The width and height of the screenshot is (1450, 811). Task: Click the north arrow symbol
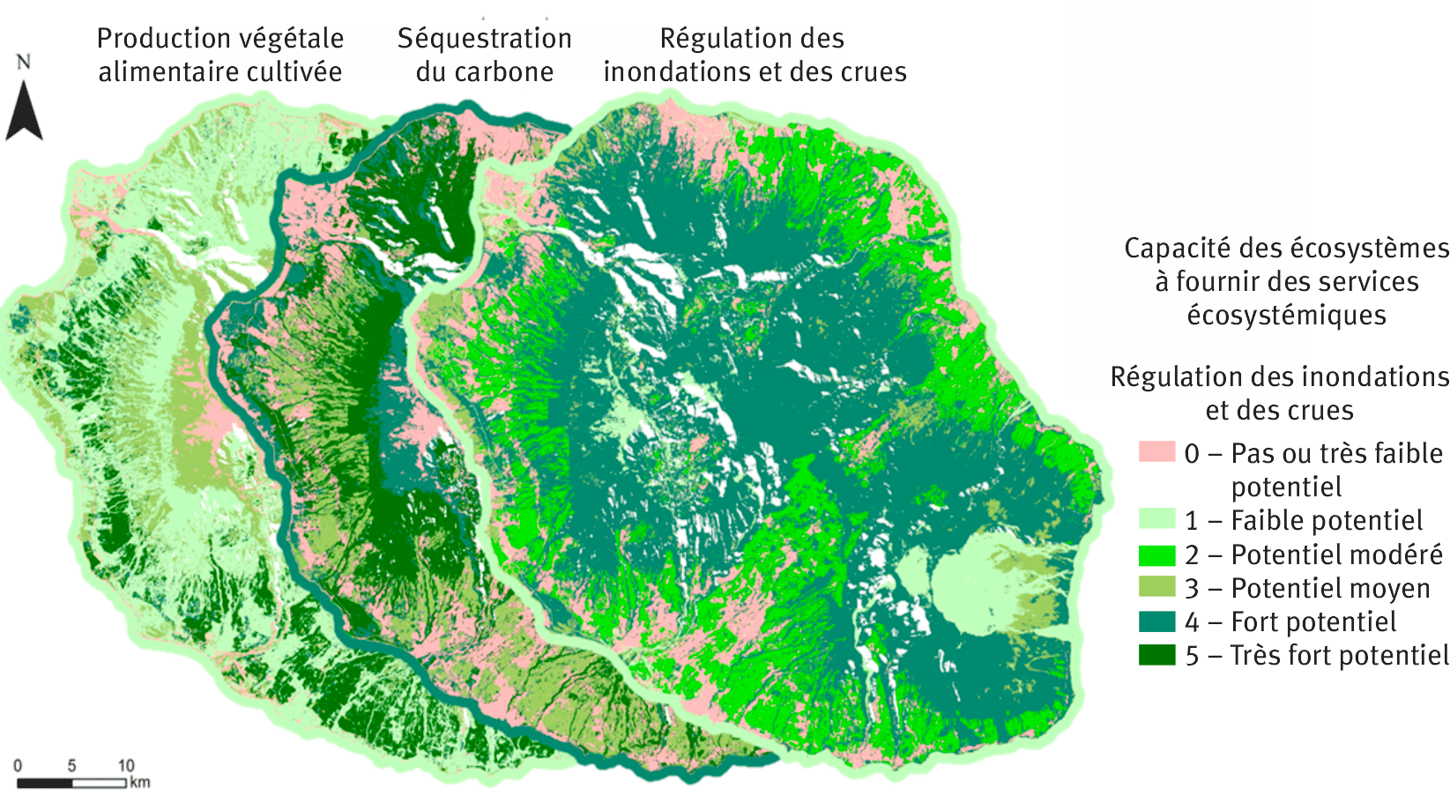[x=24, y=113]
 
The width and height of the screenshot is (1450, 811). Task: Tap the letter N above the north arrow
[x=23, y=62]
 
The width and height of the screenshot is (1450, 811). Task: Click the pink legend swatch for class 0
[x=1156, y=452]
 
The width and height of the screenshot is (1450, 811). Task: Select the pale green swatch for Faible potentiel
[x=1156, y=519]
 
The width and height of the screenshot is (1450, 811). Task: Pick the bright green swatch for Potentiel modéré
[x=1156, y=554]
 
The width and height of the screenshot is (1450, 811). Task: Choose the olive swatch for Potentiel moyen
[x=1156, y=587]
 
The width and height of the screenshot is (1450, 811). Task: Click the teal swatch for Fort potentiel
[x=1156, y=621]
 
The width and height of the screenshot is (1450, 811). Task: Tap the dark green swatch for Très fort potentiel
[x=1156, y=655]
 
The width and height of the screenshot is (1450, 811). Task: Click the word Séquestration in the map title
[x=484, y=39]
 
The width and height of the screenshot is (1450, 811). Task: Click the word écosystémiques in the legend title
[x=1286, y=315]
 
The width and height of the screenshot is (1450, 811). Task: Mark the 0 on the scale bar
[x=18, y=766]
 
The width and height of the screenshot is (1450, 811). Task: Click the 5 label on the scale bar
[x=71, y=766]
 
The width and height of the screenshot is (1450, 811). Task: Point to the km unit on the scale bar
[x=140, y=782]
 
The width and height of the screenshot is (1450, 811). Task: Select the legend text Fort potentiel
[x=1313, y=621]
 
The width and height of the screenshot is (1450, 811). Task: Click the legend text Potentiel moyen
[x=1330, y=588]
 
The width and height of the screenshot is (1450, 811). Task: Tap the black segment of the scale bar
[x=44, y=783]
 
